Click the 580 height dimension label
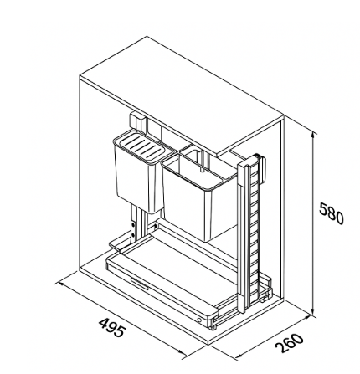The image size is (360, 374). (x=332, y=214)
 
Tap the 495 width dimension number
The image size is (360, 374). (x=112, y=327)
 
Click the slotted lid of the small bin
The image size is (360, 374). (x=141, y=146)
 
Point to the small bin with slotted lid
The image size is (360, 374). (x=139, y=172)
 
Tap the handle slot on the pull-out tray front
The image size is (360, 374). (x=139, y=282)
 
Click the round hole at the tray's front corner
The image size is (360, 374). (x=199, y=320)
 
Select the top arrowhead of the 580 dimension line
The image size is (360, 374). (x=314, y=135)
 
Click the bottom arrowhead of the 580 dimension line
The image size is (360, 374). (x=313, y=312)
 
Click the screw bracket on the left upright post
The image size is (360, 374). (x=133, y=228)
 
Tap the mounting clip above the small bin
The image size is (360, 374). (x=136, y=121)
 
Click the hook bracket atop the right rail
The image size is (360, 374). (x=263, y=170)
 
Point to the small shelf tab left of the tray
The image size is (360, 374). (x=117, y=243)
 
